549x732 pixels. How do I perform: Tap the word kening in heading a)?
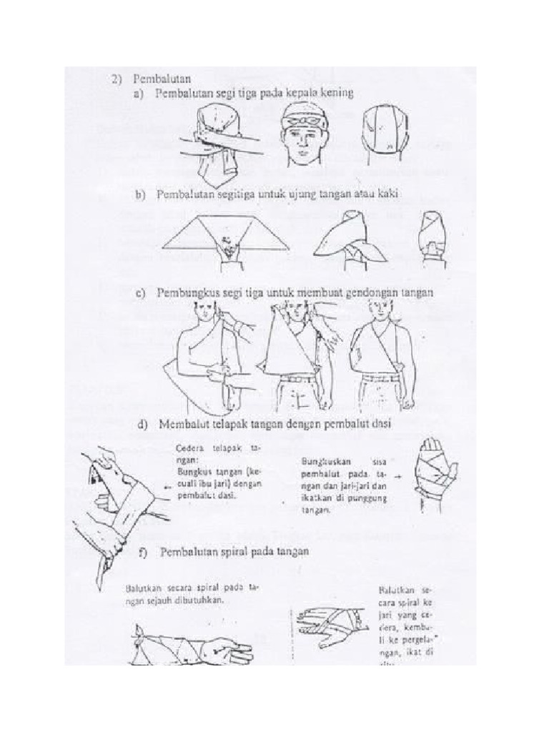tap(336, 94)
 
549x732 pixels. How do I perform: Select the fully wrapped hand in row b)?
tap(433, 239)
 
